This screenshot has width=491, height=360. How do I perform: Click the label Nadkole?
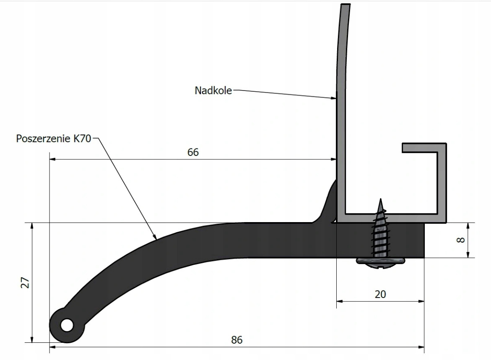pyautogui.click(x=213, y=90)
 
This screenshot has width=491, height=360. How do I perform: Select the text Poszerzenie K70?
pyautogui.click(x=53, y=139)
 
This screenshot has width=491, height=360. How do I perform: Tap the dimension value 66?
pyautogui.click(x=193, y=152)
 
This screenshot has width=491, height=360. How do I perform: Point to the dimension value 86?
pyautogui.click(x=237, y=340)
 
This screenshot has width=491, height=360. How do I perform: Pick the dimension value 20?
pyautogui.click(x=380, y=294)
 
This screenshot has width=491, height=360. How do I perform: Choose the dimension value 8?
pyautogui.click(x=461, y=240)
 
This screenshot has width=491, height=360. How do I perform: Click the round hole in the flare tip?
pyautogui.click(x=66, y=325)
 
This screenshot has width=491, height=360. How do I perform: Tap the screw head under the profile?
pyautogui.click(x=381, y=262)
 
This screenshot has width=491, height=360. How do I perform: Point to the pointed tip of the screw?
pyautogui.click(x=381, y=200)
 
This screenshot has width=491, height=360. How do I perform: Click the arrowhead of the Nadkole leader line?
pyautogui.click(x=334, y=98)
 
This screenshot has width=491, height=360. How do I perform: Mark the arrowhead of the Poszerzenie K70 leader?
pyautogui.click(x=155, y=237)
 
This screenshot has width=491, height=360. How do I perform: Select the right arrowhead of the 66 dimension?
pyautogui.click(x=334, y=159)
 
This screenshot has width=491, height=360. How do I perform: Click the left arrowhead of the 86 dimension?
pyautogui.click(x=52, y=347)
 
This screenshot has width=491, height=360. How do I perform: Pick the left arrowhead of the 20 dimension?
pyautogui.click(x=340, y=301)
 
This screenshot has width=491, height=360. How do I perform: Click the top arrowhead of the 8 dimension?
pyautogui.click(x=468, y=225)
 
